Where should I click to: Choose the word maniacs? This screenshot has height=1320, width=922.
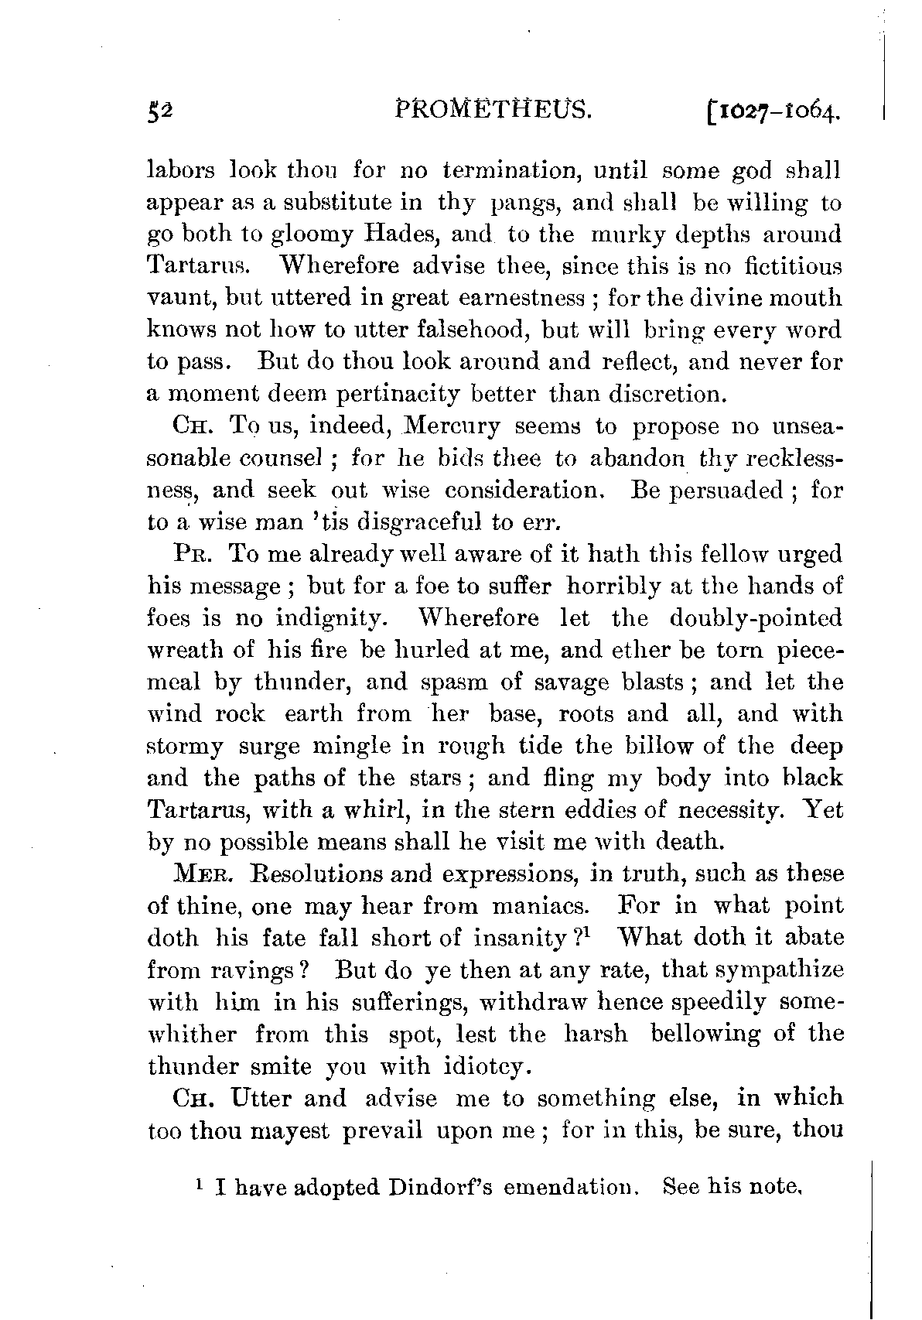coord(530,906)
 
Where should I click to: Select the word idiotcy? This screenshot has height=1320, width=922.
coord(487,1067)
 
